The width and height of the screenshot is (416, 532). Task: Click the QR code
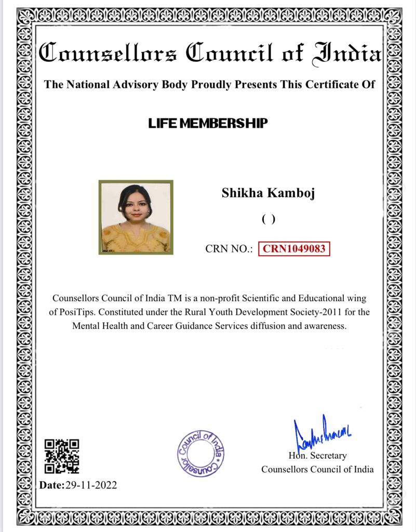point(62,456)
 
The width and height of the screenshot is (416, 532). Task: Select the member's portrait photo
point(136,217)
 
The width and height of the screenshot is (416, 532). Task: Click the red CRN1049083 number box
point(294,249)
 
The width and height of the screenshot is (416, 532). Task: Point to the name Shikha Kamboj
point(268,193)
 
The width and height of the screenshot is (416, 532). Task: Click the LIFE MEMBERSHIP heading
point(208,123)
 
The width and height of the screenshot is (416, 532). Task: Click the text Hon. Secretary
point(317,456)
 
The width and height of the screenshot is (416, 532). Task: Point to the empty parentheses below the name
point(268,219)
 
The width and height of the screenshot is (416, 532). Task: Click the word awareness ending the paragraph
point(325,326)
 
